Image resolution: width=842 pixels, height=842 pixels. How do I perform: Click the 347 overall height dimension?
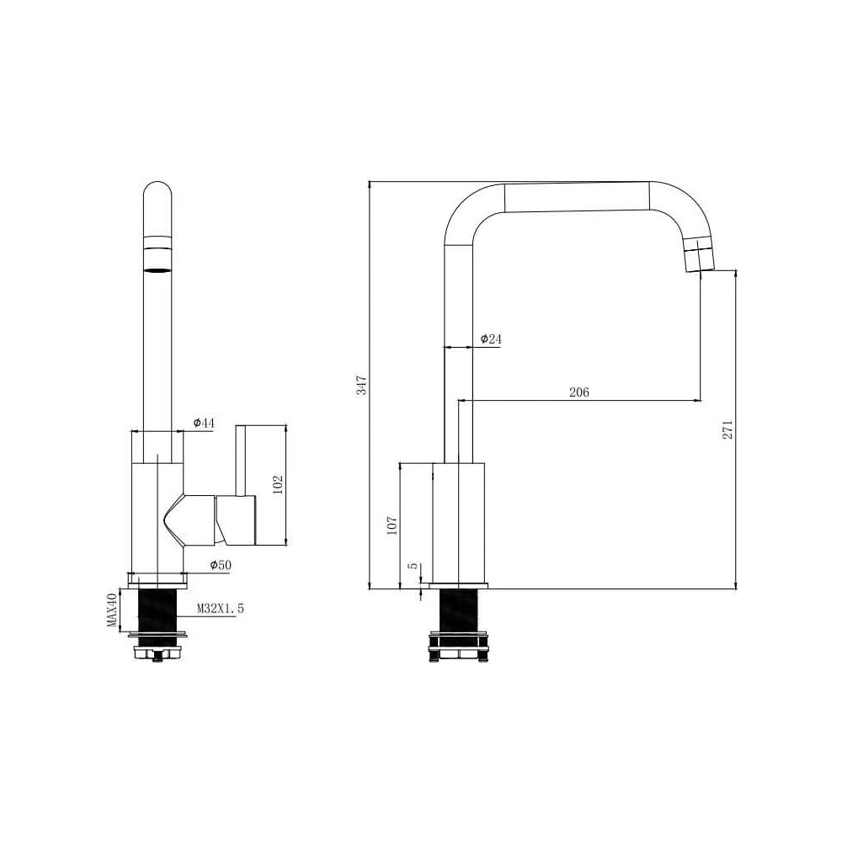pos(362,385)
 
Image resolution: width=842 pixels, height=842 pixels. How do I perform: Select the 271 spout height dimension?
pos(727,429)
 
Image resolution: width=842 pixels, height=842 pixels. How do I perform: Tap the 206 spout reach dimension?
pos(579,392)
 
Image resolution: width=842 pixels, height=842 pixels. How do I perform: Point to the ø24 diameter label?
pos(491,338)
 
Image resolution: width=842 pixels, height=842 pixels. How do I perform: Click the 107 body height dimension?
pos(392,525)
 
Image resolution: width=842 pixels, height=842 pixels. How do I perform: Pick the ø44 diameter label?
pos(204,423)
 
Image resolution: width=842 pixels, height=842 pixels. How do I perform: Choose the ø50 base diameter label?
pos(220,565)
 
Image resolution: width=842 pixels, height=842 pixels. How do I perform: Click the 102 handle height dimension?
pos(278,485)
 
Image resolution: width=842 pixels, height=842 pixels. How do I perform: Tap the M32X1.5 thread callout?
pos(220,609)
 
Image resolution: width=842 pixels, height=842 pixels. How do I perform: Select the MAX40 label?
pos(112,610)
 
